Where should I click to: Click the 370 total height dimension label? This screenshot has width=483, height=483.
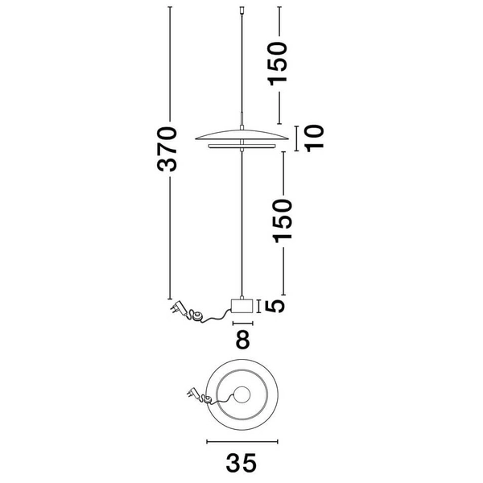pyautogui.click(x=167, y=149)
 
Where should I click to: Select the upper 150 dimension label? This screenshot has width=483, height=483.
pyautogui.click(x=278, y=64)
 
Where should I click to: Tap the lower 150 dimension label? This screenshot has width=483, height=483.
pyautogui.click(x=283, y=221)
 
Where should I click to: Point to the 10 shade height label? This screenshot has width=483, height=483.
pyautogui.click(x=315, y=138)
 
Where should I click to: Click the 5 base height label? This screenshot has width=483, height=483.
pyautogui.click(x=275, y=306)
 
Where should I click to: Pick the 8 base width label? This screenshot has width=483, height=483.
pyautogui.click(x=243, y=340)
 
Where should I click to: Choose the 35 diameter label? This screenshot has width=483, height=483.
pyautogui.click(x=242, y=463)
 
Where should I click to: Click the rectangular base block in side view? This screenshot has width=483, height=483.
pyautogui.click(x=242, y=306)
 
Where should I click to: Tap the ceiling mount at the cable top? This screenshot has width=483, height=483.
pyautogui.click(x=242, y=10)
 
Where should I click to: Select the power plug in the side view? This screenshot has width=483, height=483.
pyautogui.click(x=178, y=308)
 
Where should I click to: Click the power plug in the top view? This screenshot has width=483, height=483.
pyautogui.click(x=192, y=393)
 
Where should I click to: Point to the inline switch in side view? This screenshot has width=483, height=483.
pyautogui.click(x=196, y=316)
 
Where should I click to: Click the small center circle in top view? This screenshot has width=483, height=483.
pyautogui.click(x=242, y=394)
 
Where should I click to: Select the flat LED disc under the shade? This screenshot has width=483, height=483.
pyautogui.click(x=242, y=146)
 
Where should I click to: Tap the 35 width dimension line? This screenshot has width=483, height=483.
pyautogui.click(x=242, y=442)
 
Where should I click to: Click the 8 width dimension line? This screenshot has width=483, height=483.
pyautogui.click(x=243, y=323)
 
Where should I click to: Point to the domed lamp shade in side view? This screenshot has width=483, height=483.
pyautogui.click(x=242, y=135)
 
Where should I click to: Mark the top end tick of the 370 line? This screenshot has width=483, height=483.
pyautogui.click(x=169, y=6)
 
